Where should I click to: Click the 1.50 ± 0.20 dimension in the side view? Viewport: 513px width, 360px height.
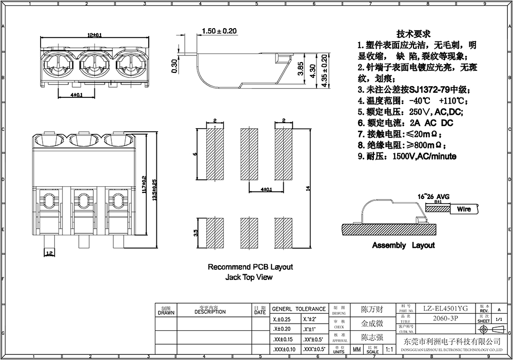click(x=219, y=31)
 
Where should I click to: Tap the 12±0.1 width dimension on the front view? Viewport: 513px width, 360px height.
click(x=94, y=35)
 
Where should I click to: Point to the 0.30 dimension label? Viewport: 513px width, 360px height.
click(x=174, y=66)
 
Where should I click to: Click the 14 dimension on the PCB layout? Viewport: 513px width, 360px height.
click(x=307, y=188)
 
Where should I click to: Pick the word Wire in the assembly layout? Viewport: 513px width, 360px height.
click(x=464, y=209)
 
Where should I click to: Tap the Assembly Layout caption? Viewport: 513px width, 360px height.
click(x=403, y=246)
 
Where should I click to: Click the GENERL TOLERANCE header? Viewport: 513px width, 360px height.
click(x=299, y=309)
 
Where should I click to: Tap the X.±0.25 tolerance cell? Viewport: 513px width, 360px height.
click(x=280, y=319)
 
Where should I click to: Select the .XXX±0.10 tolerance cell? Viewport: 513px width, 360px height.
click(x=282, y=349)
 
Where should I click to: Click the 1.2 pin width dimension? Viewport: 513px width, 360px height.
click(x=50, y=253)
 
